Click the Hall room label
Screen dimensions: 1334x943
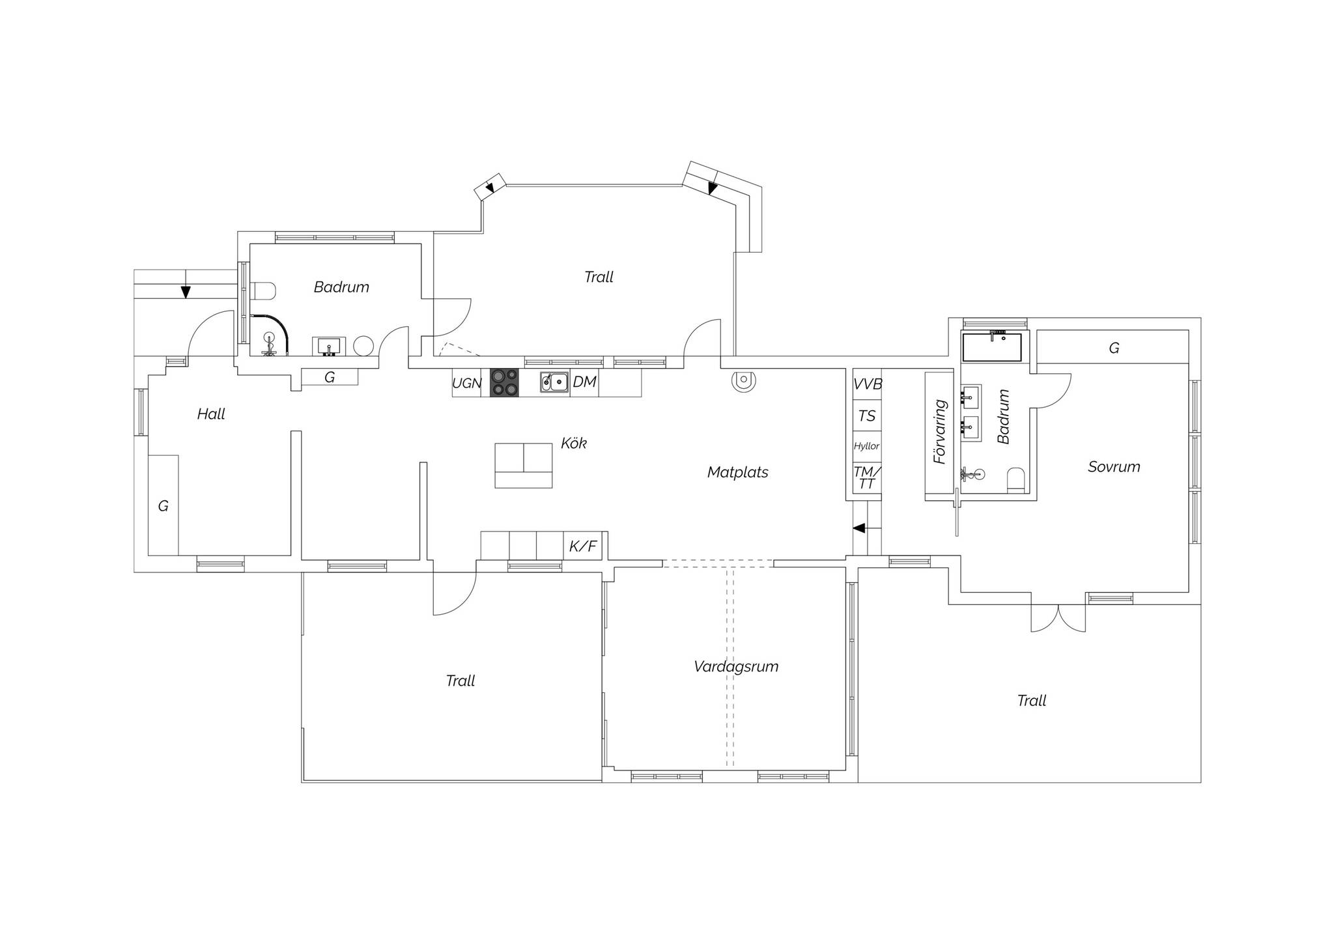pos(211,414)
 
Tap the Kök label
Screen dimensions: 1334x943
pos(574,443)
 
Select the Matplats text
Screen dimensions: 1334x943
pos(737,472)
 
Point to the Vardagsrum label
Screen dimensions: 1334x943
pos(736,666)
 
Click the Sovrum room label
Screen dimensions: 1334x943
pos(1114,466)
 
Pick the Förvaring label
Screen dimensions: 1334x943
pos(939,431)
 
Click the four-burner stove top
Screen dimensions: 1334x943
pos(504,382)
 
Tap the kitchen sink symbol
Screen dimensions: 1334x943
pos(554,382)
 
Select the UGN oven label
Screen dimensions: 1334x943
pos(466,383)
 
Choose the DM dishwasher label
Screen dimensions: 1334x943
pos(584,382)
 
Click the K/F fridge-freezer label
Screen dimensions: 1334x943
pos(583,546)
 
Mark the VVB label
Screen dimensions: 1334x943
pos(868,384)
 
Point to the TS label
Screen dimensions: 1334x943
pos(867,415)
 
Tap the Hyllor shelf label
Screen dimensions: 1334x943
pos(867,446)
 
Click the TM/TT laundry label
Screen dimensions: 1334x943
pos(867,477)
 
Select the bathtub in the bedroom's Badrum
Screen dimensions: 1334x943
pos(992,347)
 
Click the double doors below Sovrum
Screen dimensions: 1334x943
pos(1058,618)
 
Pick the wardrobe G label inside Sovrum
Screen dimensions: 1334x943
pos(1114,348)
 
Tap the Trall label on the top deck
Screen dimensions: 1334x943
pos(599,277)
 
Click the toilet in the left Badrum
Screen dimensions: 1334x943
pos(264,290)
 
